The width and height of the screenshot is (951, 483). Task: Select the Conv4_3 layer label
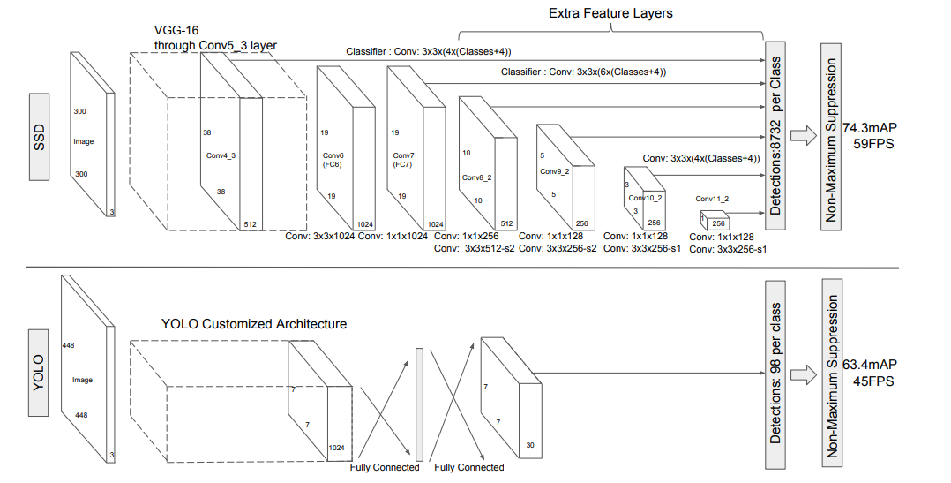(221, 155)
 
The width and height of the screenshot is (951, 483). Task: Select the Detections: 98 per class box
(775, 373)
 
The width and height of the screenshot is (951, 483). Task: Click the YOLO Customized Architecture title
(254, 324)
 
